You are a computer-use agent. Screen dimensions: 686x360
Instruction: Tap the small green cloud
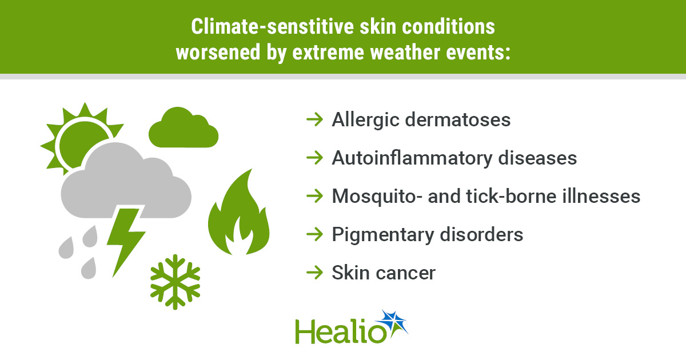pos(184,129)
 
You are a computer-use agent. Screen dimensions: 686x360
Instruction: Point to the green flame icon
pos(238,214)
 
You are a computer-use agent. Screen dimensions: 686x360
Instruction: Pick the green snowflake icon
pos(175,282)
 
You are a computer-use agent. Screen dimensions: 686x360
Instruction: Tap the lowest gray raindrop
pos(89,268)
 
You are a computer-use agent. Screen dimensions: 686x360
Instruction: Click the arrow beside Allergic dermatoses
pos(314,119)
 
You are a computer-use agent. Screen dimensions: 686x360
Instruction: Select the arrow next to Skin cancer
pos(314,273)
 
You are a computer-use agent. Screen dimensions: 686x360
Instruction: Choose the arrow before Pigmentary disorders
pos(314,234)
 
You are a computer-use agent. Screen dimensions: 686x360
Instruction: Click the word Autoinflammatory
pos(412,158)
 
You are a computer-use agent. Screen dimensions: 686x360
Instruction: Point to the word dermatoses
pos(458,119)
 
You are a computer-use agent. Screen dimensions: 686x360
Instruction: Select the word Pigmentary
pos(383,235)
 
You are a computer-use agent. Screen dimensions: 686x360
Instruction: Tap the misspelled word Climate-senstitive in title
pos(273,27)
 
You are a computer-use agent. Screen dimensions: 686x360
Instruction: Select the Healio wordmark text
pos(341,331)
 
